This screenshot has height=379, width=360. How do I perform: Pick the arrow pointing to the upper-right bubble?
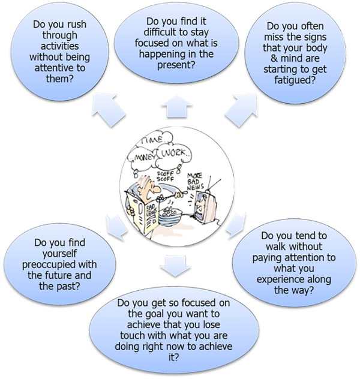click(x=243, y=112)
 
